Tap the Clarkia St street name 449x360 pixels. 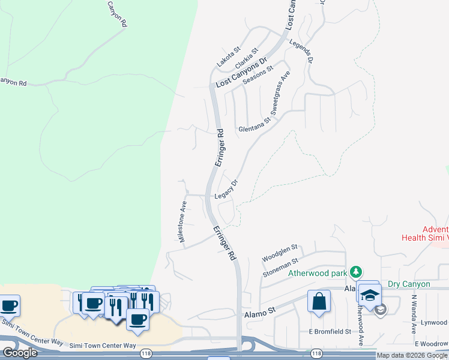click(247, 58)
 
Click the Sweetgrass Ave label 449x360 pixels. click(280, 93)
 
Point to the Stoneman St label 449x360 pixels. click(280, 268)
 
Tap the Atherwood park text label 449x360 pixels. click(319, 273)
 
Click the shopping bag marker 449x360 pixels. click(319, 301)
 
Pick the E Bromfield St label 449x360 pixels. click(330, 331)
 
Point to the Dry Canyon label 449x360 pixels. click(409, 284)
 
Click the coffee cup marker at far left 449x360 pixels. click(9, 305)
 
